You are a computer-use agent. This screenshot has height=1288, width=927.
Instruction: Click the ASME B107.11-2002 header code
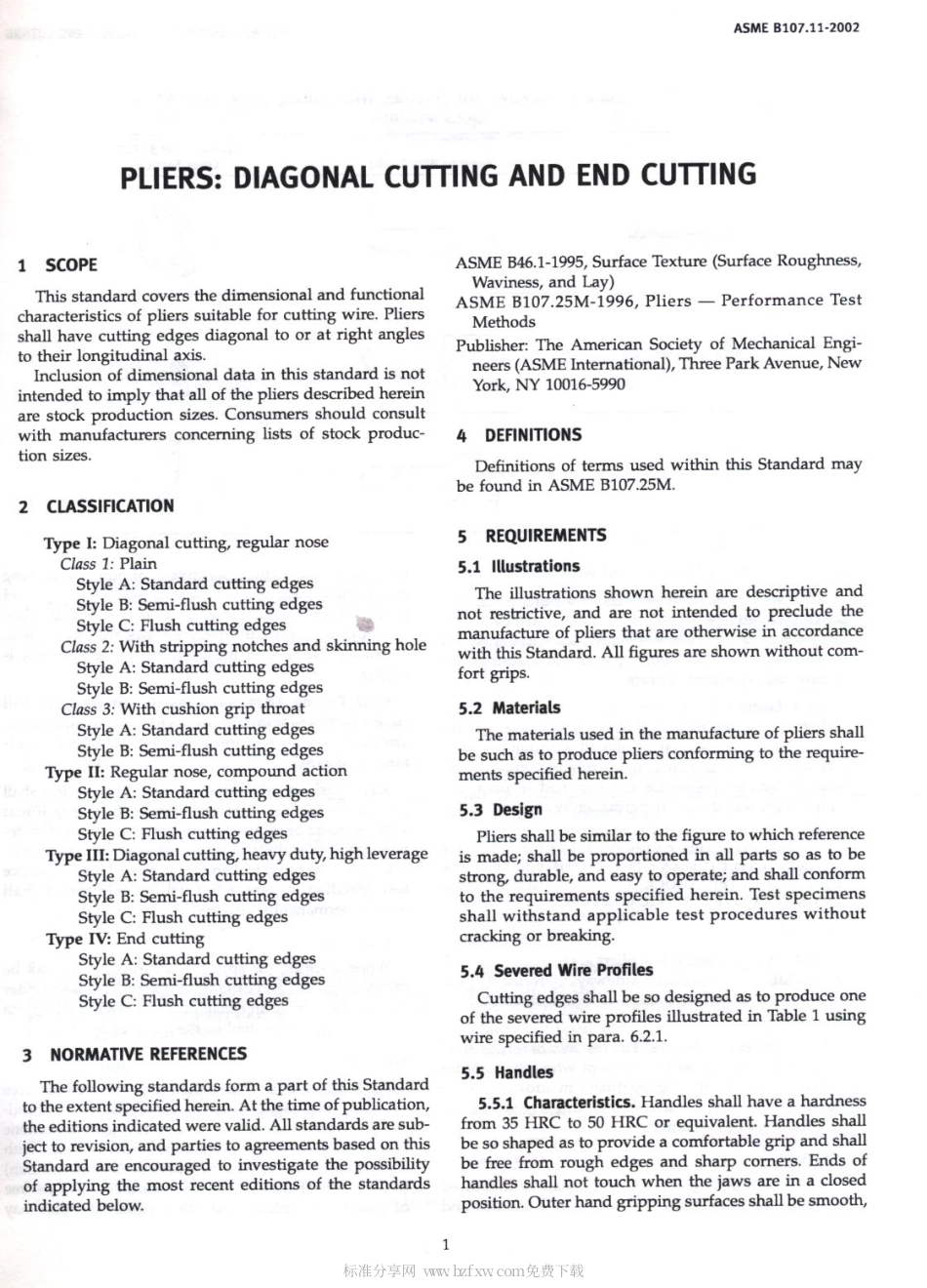(796, 27)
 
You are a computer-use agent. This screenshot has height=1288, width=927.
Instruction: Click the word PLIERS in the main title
(167, 180)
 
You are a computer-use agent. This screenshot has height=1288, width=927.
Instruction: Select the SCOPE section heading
(70, 264)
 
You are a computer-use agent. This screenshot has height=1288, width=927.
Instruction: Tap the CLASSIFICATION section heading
(109, 506)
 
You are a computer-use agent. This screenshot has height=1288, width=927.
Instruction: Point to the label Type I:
(70, 543)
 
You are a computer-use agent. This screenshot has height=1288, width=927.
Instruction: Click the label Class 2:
(87, 646)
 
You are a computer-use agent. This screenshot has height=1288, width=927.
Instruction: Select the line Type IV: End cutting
(125, 939)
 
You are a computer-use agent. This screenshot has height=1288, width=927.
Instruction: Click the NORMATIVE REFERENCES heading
(147, 1054)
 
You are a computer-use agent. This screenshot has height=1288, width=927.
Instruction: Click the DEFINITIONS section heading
(532, 435)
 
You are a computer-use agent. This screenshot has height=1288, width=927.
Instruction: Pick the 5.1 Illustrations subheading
(519, 566)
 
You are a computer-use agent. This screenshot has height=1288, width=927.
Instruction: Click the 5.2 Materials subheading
(509, 708)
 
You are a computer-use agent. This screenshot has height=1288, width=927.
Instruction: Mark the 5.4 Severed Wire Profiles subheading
(556, 970)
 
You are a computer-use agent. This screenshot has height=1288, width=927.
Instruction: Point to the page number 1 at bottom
(445, 1244)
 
